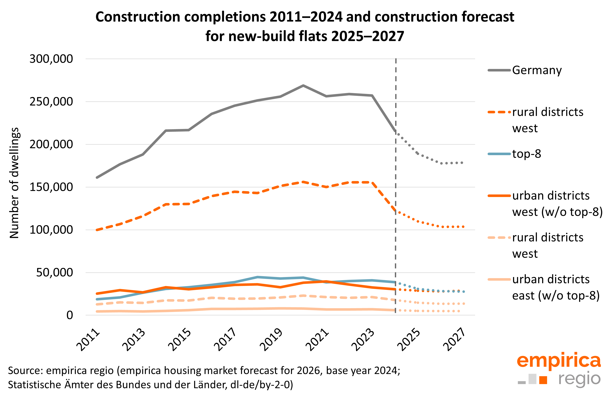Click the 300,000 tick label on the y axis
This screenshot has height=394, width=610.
(51, 59)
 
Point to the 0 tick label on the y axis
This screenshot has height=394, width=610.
(70, 315)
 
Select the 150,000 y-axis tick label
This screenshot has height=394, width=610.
(51, 187)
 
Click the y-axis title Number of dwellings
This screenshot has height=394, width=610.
(14, 183)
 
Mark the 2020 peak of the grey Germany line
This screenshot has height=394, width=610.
(303, 85)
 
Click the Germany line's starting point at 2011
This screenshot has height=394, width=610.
(97, 178)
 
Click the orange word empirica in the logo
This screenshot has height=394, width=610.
(559, 361)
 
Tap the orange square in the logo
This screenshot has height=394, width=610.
(543, 380)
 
